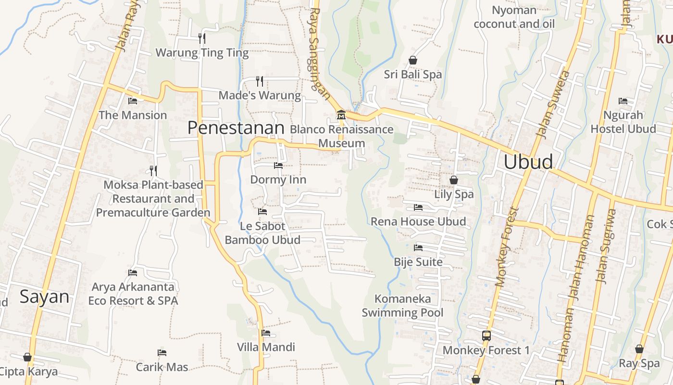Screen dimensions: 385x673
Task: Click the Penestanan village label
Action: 236,128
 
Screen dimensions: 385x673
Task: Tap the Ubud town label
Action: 528,162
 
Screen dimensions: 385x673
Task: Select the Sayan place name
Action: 45,296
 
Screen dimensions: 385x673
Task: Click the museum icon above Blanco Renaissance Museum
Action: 341,115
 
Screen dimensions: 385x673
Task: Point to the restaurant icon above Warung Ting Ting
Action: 202,38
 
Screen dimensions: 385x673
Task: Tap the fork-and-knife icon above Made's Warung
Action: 260,80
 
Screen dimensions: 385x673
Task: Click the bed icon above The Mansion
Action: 133,101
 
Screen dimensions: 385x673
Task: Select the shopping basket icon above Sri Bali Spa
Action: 412,60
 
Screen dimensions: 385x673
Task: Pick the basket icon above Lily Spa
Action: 453,180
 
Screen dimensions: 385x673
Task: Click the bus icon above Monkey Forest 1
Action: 486,335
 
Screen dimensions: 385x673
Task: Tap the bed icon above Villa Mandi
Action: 266,333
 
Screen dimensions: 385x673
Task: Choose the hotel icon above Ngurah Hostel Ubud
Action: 623,101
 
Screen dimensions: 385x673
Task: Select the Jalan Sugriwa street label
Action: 605,245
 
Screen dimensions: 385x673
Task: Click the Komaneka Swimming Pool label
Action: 402,306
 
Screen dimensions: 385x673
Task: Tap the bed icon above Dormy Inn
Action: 278,166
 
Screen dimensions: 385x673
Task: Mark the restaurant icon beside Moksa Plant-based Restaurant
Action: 153,171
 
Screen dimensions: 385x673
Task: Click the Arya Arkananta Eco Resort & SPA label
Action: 133,294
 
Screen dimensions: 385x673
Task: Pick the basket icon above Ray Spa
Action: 639,349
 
